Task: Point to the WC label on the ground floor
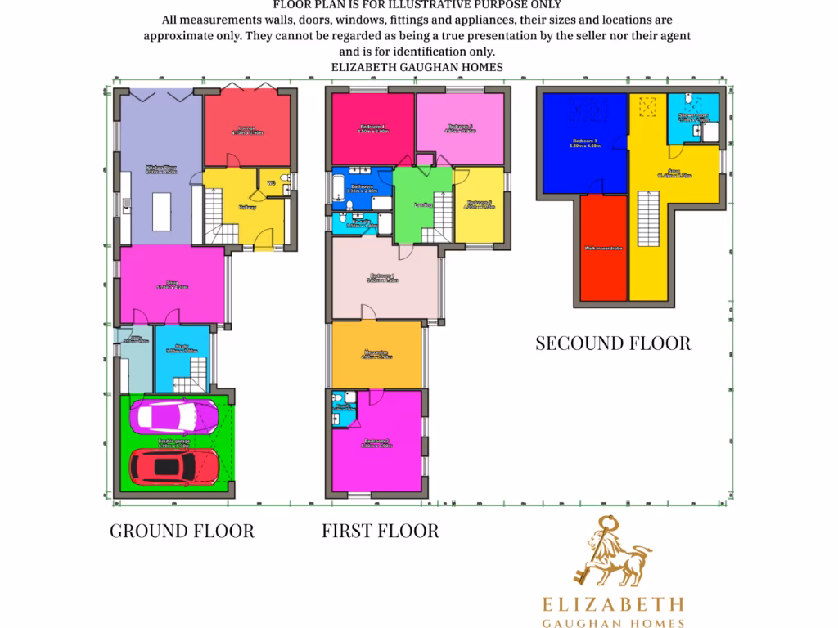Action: (x=271, y=182)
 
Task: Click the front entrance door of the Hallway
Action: (x=264, y=240)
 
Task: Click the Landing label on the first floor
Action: (x=423, y=204)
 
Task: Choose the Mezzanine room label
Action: (x=376, y=353)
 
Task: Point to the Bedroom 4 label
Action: (x=384, y=278)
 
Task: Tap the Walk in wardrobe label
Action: (x=605, y=248)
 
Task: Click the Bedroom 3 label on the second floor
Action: (x=584, y=144)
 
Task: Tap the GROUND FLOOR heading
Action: (x=182, y=531)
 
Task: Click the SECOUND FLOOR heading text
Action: (x=613, y=343)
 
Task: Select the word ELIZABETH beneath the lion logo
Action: (x=615, y=604)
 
